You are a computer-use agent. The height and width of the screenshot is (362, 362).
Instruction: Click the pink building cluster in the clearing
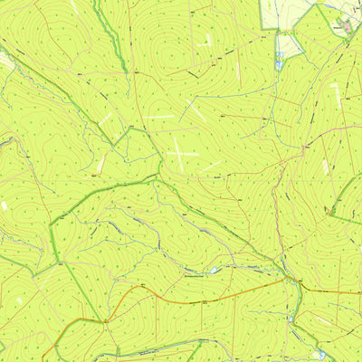[x=346, y=25]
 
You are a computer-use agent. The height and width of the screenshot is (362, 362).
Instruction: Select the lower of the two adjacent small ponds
[x=279, y=65]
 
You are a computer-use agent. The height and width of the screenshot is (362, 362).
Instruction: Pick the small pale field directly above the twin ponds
[x=288, y=43]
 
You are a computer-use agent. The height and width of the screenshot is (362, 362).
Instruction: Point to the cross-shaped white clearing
[x=180, y=153]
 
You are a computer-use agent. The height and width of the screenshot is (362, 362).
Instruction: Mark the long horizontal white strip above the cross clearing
[x=157, y=117]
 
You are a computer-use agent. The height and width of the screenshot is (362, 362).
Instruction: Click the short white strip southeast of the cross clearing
[x=210, y=166]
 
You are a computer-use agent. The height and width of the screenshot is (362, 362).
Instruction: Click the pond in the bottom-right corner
[x=318, y=354]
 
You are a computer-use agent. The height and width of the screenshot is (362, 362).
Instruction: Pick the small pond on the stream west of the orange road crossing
[x=214, y=270]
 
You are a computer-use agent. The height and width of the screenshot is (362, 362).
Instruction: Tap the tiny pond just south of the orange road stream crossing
[x=291, y=317]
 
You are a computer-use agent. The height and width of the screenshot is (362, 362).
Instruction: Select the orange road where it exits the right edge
[x=359, y=292]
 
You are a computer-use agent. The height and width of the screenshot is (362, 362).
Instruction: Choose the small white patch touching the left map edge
[x=4, y=206]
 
